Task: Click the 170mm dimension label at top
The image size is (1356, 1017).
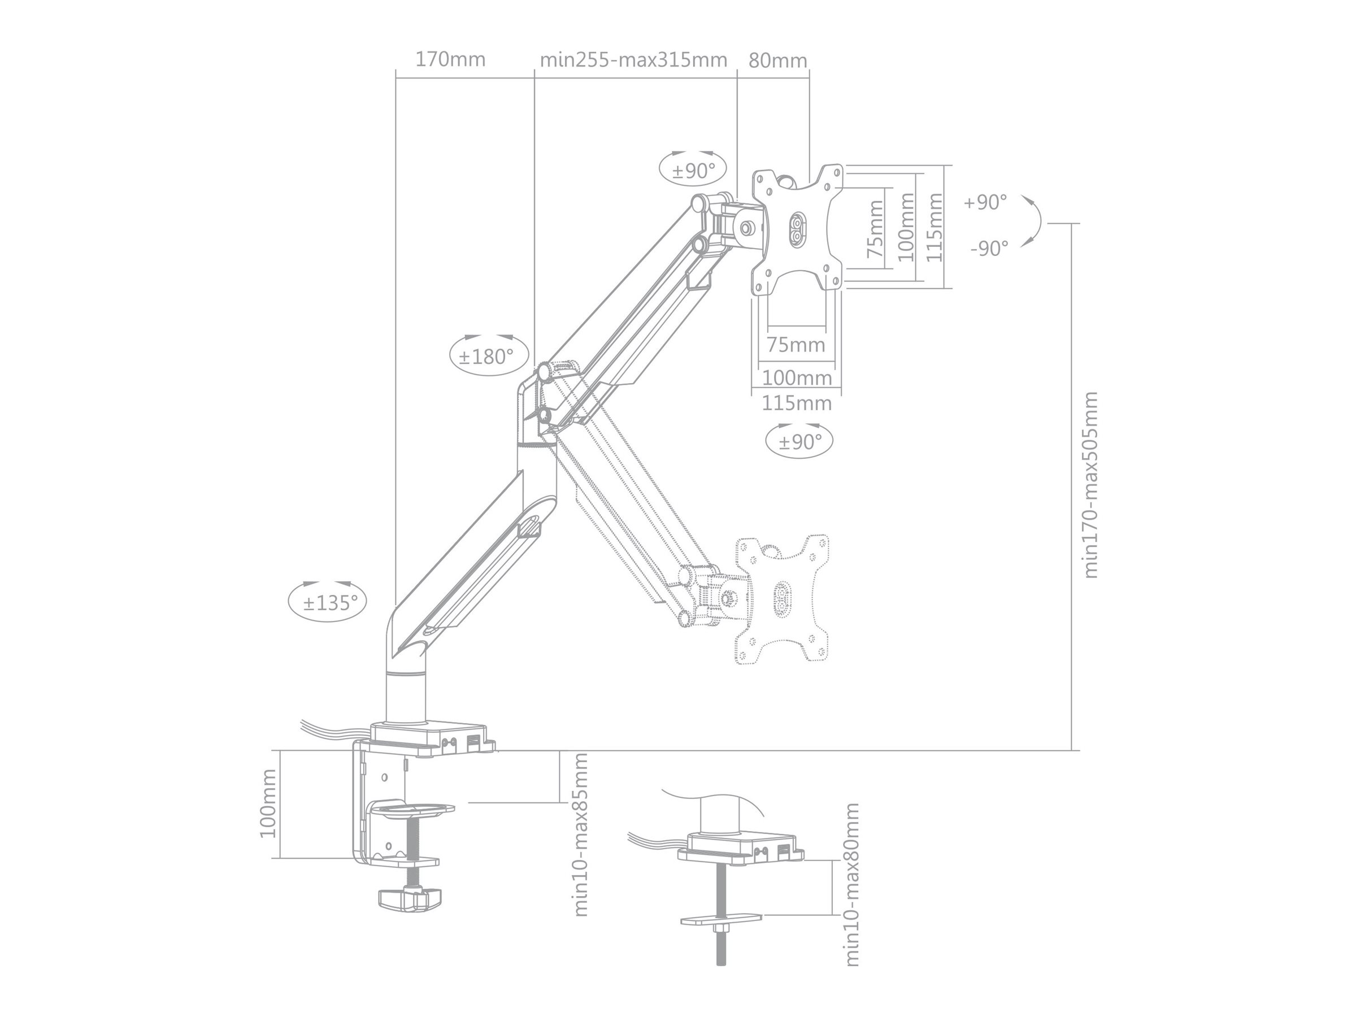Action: click(x=450, y=60)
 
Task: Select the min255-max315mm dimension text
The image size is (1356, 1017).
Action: click(x=633, y=60)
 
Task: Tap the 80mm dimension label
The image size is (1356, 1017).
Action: click(x=777, y=60)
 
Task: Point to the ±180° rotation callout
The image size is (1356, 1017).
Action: click(x=488, y=356)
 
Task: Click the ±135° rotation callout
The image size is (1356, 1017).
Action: click(x=327, y=603)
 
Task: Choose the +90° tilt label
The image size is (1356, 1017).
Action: click(x=984, y=202)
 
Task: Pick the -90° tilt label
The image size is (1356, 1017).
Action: click(x=989, y=248)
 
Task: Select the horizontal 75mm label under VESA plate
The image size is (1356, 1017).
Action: click(x=796, y=345)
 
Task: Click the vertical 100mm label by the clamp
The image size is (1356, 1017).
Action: click(x=268, y=803)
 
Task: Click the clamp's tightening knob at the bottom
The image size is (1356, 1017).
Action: click(x=410, y=899)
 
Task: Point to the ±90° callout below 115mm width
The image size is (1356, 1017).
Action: click(x=799, y=441)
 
